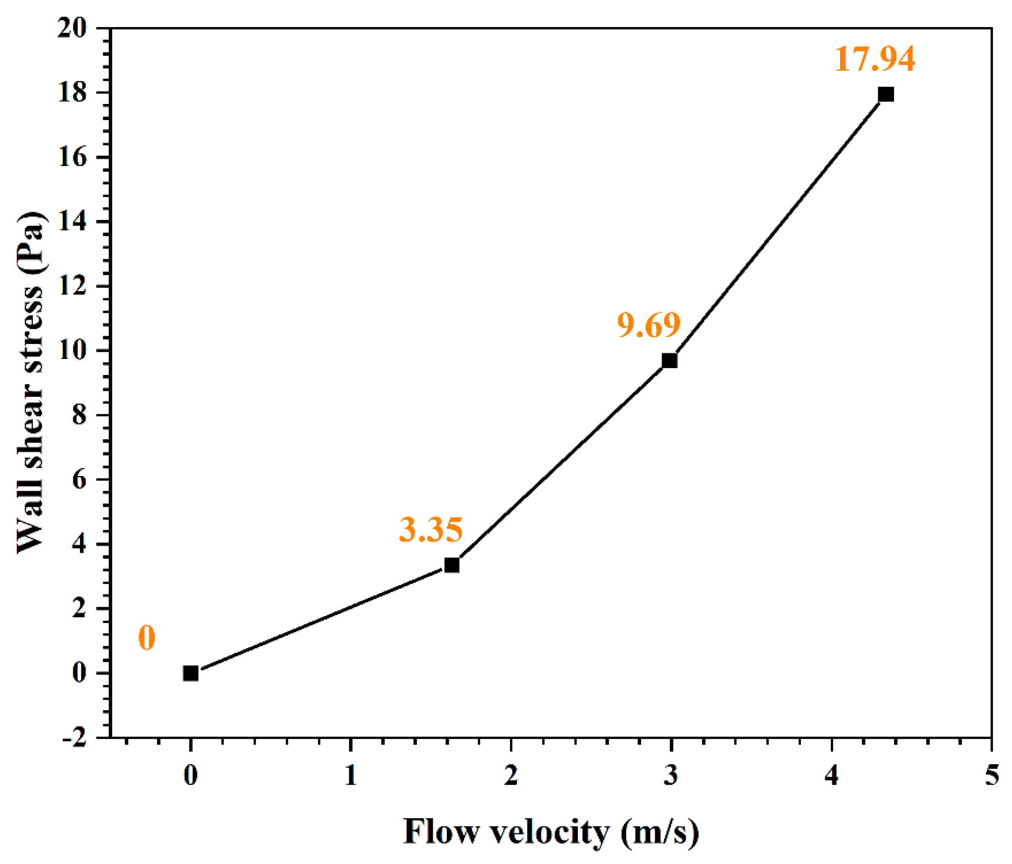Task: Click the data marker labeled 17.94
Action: click(886, 94)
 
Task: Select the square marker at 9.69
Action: click(669, 361)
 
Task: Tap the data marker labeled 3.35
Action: click(452, 565)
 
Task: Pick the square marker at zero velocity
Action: click(191, 673)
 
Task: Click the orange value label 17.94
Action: click(874, 59)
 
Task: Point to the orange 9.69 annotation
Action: click(649, 325)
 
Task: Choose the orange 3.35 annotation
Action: click(431, 530)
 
